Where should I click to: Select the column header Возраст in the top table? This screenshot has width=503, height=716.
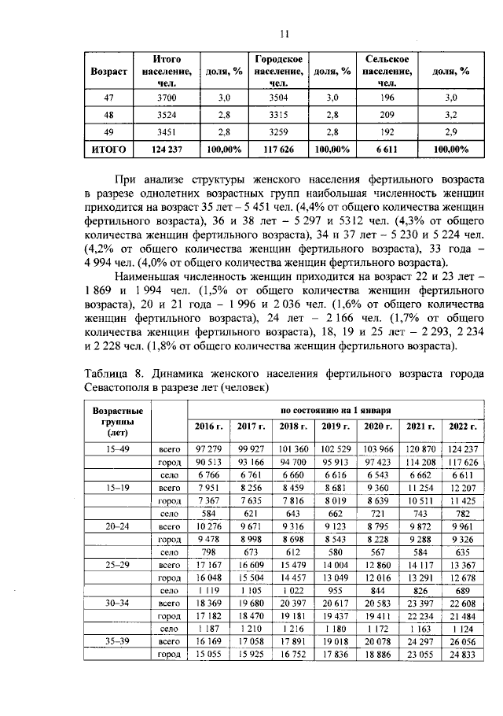coord(109,71)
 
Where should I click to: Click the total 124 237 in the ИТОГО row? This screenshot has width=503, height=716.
coord(163,148)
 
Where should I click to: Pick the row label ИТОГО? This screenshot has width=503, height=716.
coord(109,148)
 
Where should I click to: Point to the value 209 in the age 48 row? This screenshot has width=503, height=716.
coord(386,114)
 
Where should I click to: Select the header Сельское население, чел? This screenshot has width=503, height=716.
coord(386,71)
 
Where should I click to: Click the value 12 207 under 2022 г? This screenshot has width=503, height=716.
coord(462,487)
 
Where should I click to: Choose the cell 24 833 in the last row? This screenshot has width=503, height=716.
coord(462,655)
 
